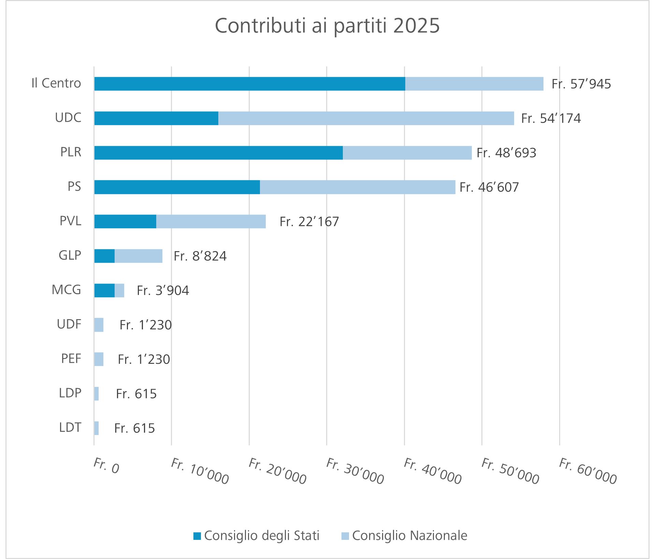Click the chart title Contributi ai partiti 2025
(327, 26)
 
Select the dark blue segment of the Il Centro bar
(249, 84)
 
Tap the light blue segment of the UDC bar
(366, 118)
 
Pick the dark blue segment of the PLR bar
(218, 153)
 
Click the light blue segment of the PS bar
(357, 187)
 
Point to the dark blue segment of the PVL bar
(125, 221)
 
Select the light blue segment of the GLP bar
(138, 256)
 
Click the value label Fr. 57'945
(581, 84)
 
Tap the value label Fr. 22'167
(309, 222)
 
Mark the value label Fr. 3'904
(163, 290)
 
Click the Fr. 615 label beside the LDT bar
(134, 428)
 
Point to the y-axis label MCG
(66, 290)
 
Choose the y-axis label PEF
(71, 359)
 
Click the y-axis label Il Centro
(56, 83)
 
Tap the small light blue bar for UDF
(99, 325)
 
